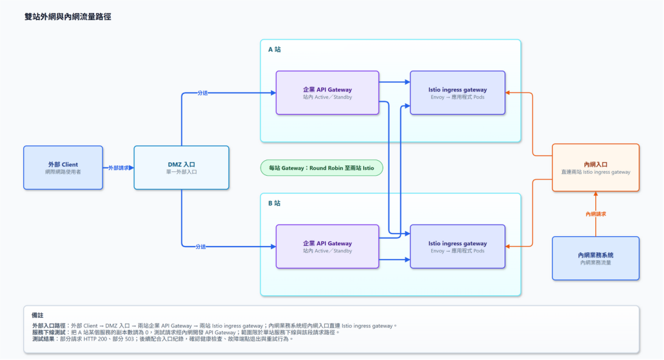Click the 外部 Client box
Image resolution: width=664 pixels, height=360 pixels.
pyautogui.click(x=63, y=168)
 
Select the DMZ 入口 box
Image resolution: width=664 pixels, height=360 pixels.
pyautogui.click(x=182, y=168)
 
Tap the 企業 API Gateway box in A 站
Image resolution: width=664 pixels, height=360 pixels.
pyautogui.click(x=327, y=93)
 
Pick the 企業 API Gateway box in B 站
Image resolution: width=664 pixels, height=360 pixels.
pyautogui.click(x=327, y=246)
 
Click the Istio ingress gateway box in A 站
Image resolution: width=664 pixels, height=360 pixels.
pyautogui.click(x=457, y=93)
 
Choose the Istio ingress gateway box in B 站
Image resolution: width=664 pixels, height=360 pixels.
pyautogui.click(x=457, y=246)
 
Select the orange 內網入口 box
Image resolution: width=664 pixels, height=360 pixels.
pyautogui.click(x=595, y=168)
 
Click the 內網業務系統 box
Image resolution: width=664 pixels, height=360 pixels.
pyautogui.click(x=595, y=258)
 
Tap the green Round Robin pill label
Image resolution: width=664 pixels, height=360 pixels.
pyautogui.click(x=322, y=168)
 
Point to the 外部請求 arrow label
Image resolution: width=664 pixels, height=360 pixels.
pyautogui.click(x=119, y=168)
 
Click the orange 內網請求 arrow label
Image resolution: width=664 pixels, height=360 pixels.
pyautogui.click(x=595, y=214)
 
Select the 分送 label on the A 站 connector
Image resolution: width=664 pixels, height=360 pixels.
pyautogui.click(x=202, y=93)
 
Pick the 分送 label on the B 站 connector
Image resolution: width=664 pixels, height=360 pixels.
pyautogui.click(x=201, y=246)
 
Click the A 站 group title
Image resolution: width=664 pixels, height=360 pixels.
pyautogui.click(x=274, y=49)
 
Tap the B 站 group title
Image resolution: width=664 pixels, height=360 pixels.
pyautogui.click(x=274, y=203)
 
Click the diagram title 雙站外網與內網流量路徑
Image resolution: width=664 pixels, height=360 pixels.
pyautogui.click(x=67, y=16)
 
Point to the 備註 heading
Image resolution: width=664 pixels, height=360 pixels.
pyautogui.click(x=37, y=315)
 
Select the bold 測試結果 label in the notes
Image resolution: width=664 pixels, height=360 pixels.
pyautogui.click(x=44, y=339)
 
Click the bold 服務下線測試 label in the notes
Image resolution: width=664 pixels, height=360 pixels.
pyautogui.click(x=49, y=333)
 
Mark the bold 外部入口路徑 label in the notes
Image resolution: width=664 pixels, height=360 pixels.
pyautogui.click(x=49, y=326)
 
